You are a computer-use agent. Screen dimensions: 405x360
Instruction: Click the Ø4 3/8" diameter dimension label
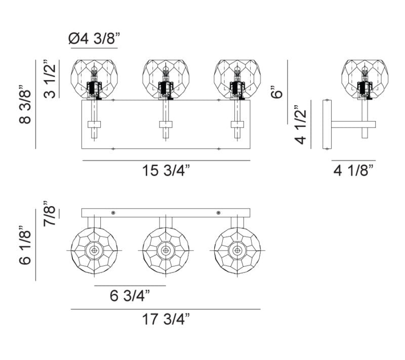pyautogui.click(x=95, y=39)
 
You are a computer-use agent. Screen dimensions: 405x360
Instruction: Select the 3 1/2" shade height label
pyautogui.click(x=50, y=79)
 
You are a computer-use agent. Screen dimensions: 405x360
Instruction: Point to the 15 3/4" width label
pyautogui.click(x=166, y=171)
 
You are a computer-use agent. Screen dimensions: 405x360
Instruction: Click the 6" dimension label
pyautogui.click(x=277, y=92)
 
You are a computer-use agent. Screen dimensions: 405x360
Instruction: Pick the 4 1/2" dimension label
pyautogui.click(x=300, y=125)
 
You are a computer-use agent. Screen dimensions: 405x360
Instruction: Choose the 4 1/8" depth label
pyautogui.click(x=353, y=171)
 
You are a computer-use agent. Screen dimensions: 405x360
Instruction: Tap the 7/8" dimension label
pyautogui.click(x=50, y=213)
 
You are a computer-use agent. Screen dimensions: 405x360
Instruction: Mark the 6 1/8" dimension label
pyautogui.click(x=25, y=245)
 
